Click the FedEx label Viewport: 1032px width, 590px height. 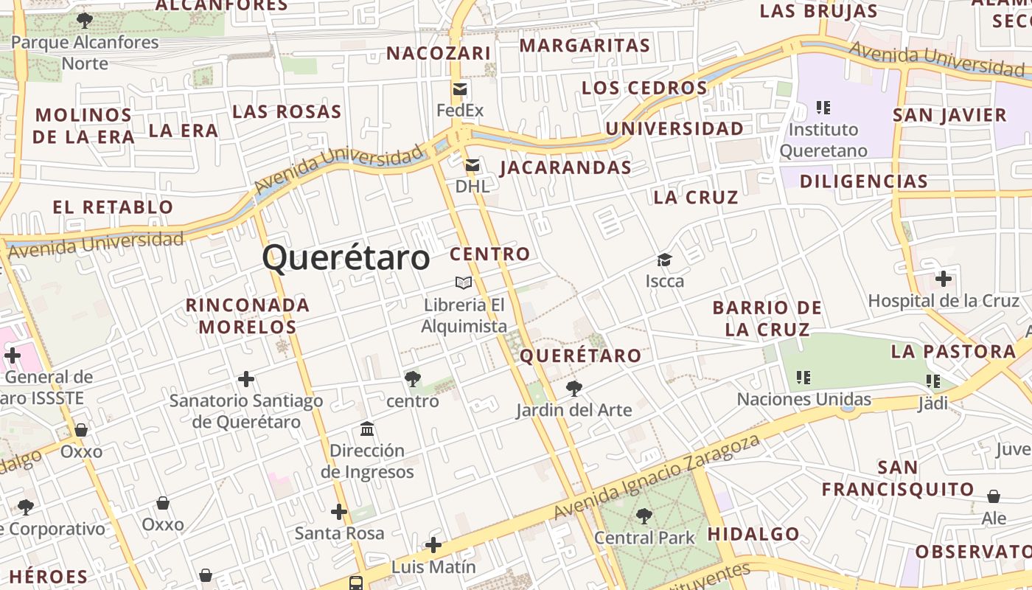(460, 111)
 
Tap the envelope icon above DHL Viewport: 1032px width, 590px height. (472, 165)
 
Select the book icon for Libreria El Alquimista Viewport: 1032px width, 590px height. (464, 282)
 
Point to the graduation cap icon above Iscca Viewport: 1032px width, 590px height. (664, 260)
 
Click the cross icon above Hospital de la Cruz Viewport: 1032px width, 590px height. (943, 279)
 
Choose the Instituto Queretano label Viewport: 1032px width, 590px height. (823, 140)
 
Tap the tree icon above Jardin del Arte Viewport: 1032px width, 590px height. (573, 388)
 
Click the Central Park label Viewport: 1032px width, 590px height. (644, 538)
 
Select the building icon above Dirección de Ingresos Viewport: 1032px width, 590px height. (367, 428)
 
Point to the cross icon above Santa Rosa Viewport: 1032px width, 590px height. (338, 511)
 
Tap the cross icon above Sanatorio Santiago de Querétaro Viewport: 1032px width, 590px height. (245, 379)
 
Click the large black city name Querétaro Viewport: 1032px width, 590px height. (346, 258)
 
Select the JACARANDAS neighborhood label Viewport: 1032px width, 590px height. (565, 167)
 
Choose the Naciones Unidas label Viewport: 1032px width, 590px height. (804, 400)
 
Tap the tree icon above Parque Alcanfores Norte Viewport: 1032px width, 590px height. (85, 20)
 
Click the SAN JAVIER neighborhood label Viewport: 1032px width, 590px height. (949, 115)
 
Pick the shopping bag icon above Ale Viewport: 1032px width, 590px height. (994, 496)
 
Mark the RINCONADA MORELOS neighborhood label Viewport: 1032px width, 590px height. (247, 316)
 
